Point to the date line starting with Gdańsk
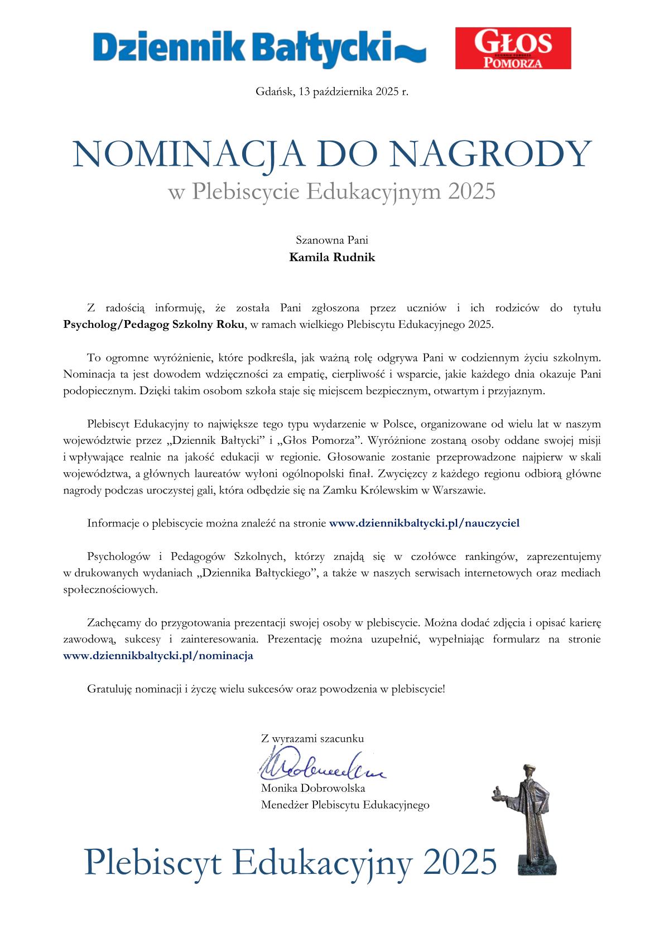332,91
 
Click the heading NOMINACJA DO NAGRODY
332,153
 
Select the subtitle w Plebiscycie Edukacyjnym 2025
332,192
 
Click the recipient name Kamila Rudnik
332,258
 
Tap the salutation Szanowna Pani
332,241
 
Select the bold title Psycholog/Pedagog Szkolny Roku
154,325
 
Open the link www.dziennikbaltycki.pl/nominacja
158,656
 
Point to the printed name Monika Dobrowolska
313,789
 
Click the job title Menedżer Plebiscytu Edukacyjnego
345,805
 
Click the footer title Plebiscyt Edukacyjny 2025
290,862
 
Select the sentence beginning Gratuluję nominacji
266,689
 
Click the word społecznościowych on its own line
111,589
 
